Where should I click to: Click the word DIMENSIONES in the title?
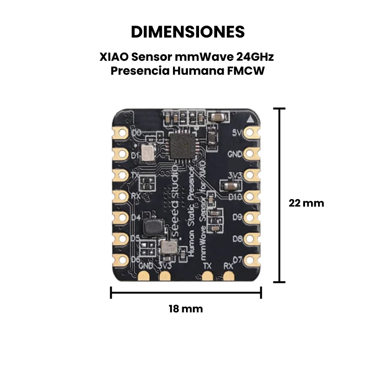pos(187,32)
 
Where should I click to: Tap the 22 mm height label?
pos(306,203)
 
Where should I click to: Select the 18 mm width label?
pos(186,309)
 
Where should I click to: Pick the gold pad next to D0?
pos(121,133)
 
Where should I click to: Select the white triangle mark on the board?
pos(252,119)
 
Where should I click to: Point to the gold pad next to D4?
pos(121,217)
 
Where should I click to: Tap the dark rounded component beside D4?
pos(152,227)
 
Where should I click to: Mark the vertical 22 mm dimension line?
pos(279,195)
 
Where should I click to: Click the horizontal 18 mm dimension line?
pos(186,292)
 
